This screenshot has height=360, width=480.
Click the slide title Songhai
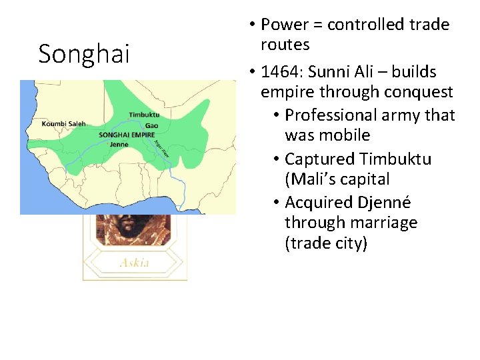84,54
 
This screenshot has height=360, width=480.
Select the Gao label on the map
151,125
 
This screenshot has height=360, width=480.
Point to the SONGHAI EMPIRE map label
126,135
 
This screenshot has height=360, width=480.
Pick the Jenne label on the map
119,144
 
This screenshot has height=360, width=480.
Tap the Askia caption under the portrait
134,262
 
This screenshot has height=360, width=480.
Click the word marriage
384,223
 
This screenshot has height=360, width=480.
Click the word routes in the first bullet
285,45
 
